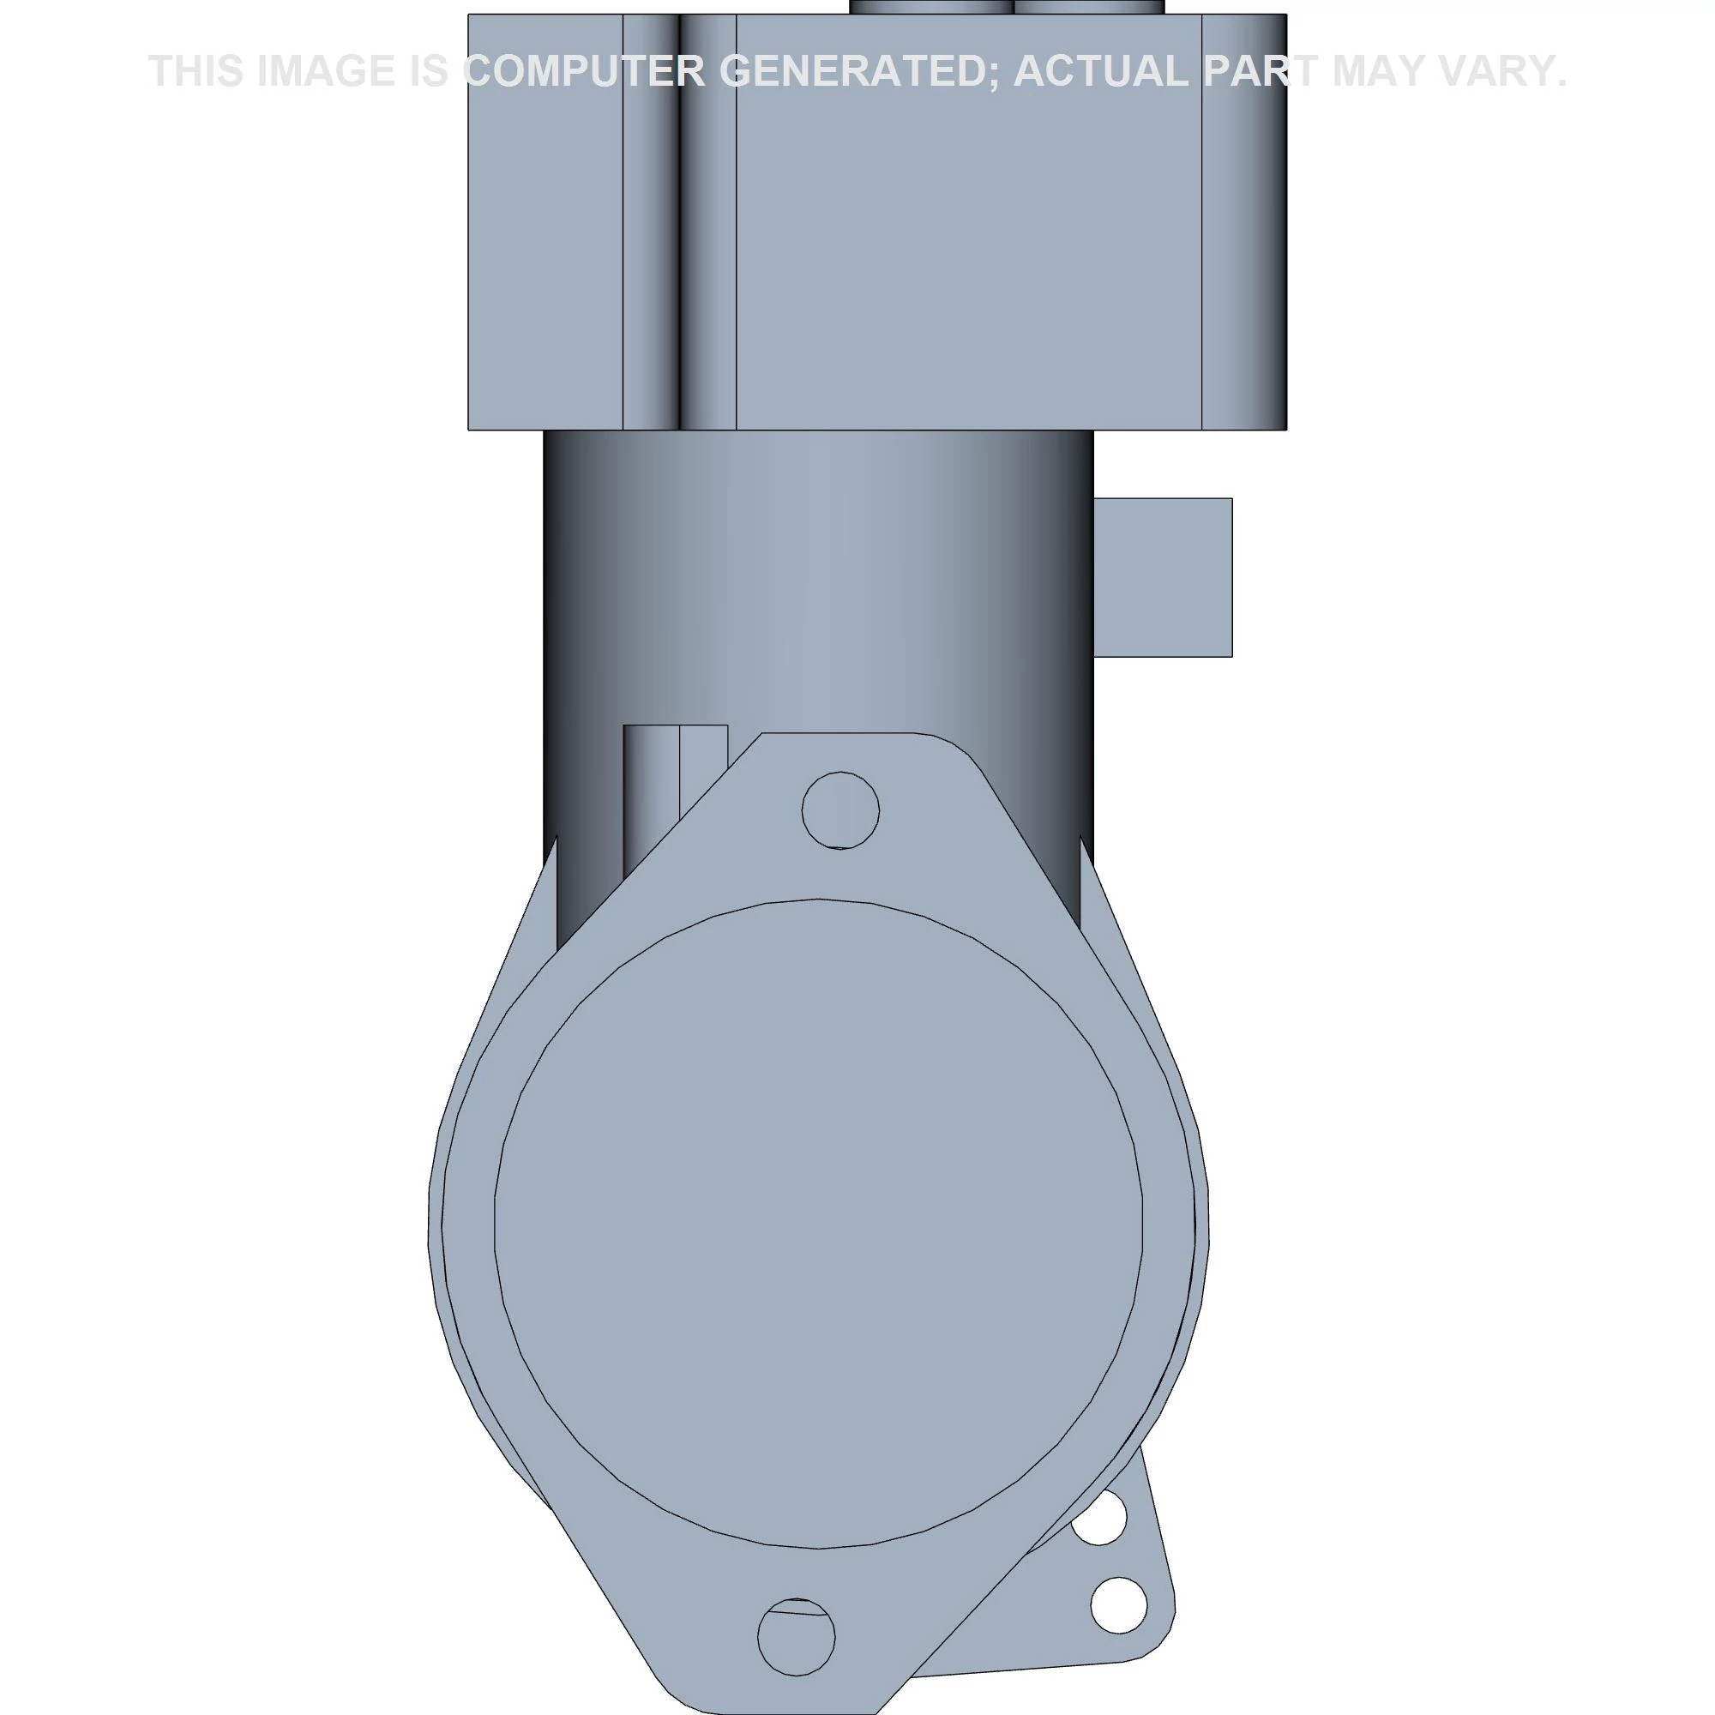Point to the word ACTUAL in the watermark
click(1100, 71)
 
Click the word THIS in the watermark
click(196, 71)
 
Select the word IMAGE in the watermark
click(325, 71)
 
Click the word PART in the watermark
click(1260, 71)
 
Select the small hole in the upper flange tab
click(839, 810)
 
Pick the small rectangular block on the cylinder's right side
click(1162, 578)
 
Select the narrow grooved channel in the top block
click(679, 222)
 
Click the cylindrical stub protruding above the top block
click(1006, 7)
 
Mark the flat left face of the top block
click(545, 222)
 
